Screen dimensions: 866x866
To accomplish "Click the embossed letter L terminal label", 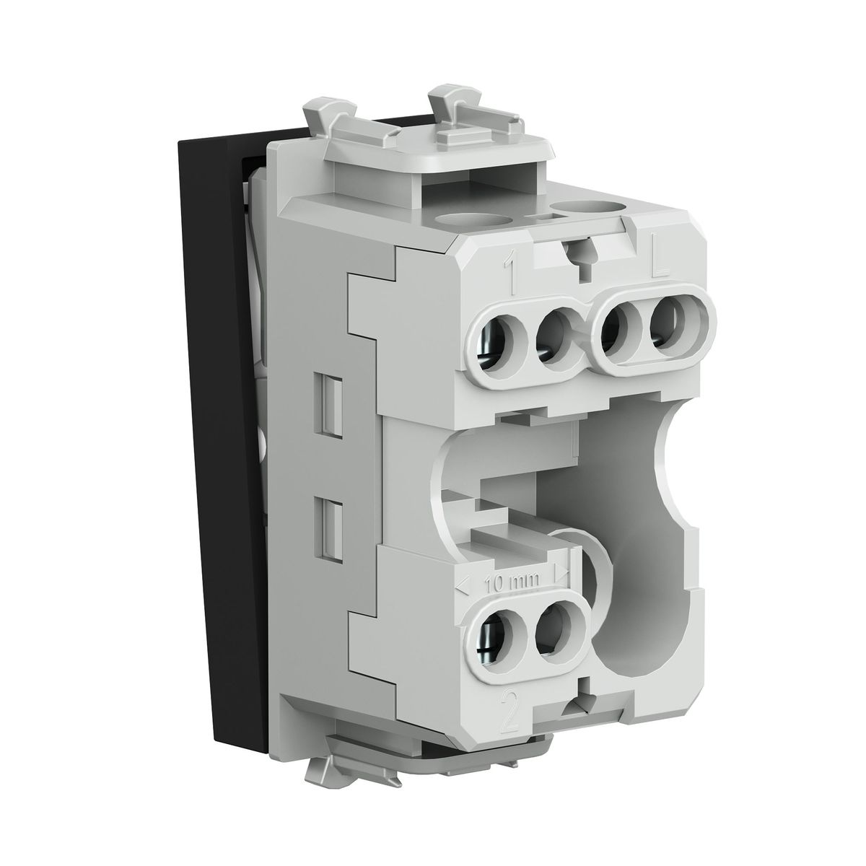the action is (660, 263).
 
